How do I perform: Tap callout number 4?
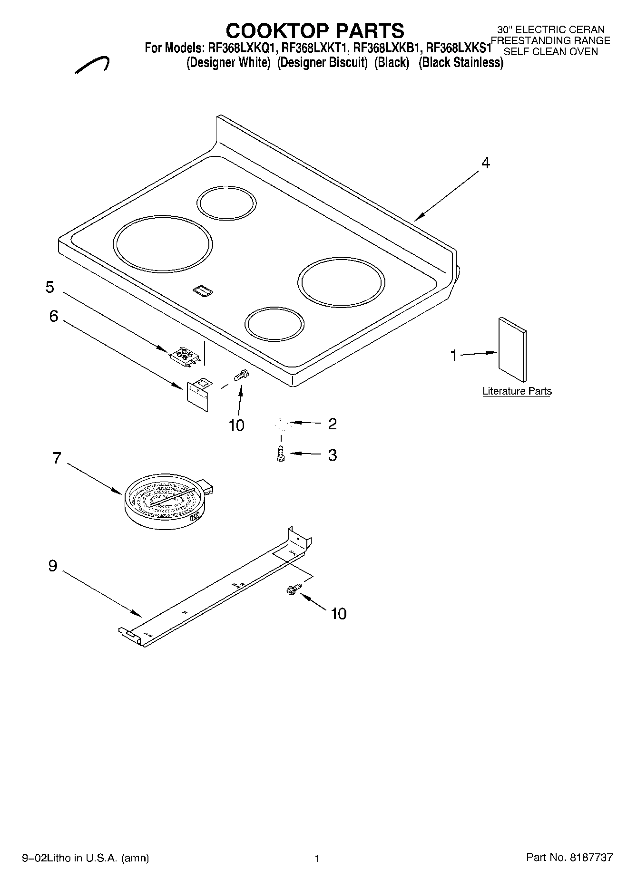485,163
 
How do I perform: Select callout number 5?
50,287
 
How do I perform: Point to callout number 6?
54,316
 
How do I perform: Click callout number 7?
57,458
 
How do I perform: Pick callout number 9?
53,566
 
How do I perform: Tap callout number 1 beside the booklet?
453,355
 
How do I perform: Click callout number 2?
332,424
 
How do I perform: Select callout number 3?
332,455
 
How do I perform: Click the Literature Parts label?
517,391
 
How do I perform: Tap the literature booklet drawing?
512,349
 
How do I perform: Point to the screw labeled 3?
280,454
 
